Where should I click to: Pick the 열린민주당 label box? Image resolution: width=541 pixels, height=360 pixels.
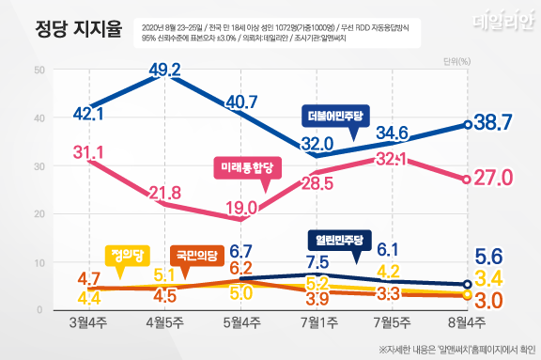tap(342, 237)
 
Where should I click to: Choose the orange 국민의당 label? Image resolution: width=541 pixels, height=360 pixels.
tap(195, 254)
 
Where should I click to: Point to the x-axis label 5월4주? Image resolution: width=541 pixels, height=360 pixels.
tap(243, 324)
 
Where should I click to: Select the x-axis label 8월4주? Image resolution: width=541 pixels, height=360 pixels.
tap(467, 324)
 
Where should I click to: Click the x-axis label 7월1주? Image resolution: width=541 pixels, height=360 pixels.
tap(317, 324)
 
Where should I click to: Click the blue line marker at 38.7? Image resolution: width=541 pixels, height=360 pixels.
tap(467, 124)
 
